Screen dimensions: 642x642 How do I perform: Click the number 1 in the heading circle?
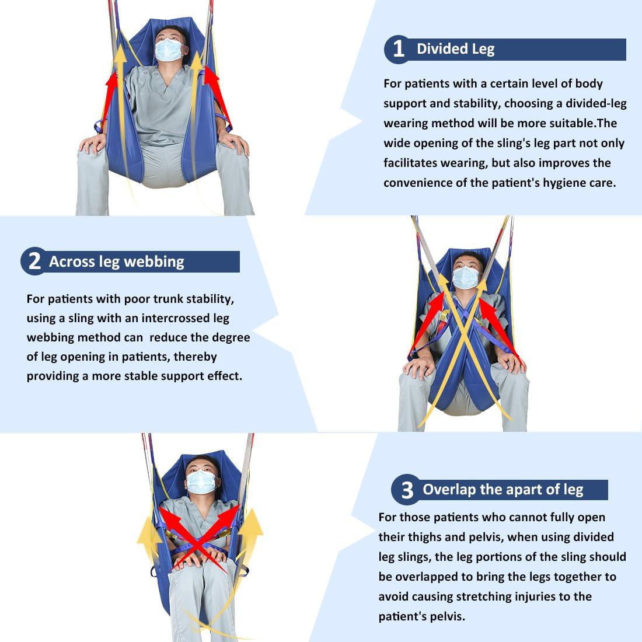399,48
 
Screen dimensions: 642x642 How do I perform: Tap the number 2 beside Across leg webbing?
35,261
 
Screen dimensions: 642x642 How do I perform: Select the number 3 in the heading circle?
407,490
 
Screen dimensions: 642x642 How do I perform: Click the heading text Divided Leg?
455,48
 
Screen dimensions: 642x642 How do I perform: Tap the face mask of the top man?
169,50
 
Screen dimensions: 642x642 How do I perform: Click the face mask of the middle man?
466,277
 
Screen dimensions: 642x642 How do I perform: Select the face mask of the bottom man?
201,481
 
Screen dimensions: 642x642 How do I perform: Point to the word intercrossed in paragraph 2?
175,318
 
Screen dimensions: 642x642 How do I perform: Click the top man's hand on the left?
93,144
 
